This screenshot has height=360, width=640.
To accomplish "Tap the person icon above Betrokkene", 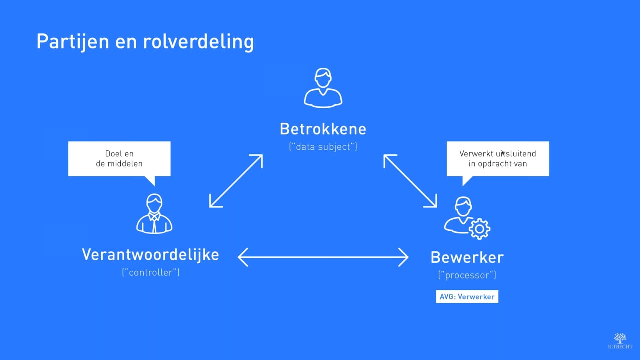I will click(323, 88).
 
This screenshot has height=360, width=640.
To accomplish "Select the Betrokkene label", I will click(323, 129).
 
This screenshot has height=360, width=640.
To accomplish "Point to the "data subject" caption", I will click(323, 147).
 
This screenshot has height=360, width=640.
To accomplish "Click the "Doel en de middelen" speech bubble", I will click(119, 158).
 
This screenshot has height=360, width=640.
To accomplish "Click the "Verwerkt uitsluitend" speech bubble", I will click(498, 158).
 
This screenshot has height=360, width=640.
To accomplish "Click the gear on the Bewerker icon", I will click(479, 228).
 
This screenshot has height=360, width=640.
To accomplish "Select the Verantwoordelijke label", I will click(150, 254).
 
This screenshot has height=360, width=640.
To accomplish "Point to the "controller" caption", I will click(150, 273).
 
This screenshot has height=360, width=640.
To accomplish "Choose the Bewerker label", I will click(467, 258).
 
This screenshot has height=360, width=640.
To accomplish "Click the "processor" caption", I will click(467, 275).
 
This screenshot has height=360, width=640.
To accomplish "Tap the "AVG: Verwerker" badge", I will click(467, 297).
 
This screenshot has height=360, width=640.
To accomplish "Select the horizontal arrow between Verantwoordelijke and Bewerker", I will click(323, 257).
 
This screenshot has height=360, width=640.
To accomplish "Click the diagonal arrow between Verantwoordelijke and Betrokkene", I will click(236, 181).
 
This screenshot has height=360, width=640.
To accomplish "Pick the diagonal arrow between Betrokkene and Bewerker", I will click(410, 181).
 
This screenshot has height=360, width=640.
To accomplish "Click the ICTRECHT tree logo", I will click(620, 338).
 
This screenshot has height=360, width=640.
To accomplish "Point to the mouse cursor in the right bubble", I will click(503, 153).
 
